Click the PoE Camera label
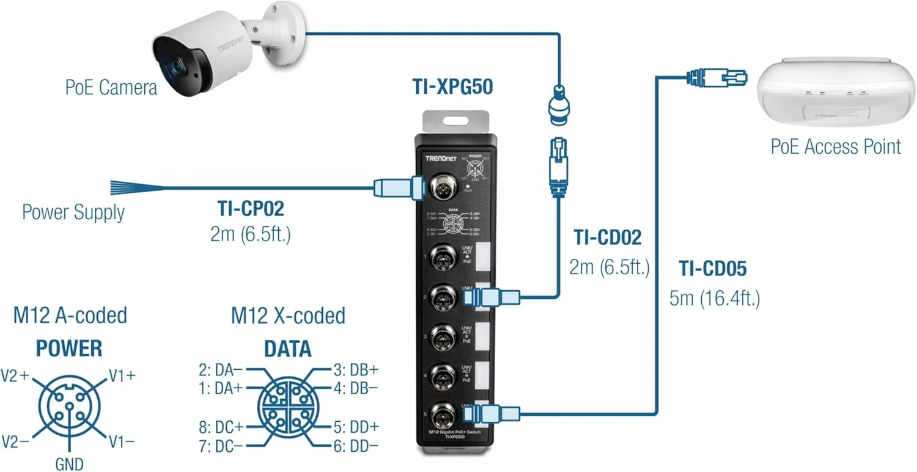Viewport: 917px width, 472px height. point(111,87)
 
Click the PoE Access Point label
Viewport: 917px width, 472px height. point(836,147)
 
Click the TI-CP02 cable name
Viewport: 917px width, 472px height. point(251,209)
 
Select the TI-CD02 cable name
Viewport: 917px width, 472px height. point(608,238)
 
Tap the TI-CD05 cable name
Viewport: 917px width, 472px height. point(713,268)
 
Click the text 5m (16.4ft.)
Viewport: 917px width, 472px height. point(715,299)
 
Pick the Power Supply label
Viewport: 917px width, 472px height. point(73,212)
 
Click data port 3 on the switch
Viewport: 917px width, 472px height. point(441,336)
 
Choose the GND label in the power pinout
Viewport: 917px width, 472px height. point(69,463)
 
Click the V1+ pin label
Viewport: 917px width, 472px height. point(122,375)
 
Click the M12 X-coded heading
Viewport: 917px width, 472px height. point(288,316)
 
